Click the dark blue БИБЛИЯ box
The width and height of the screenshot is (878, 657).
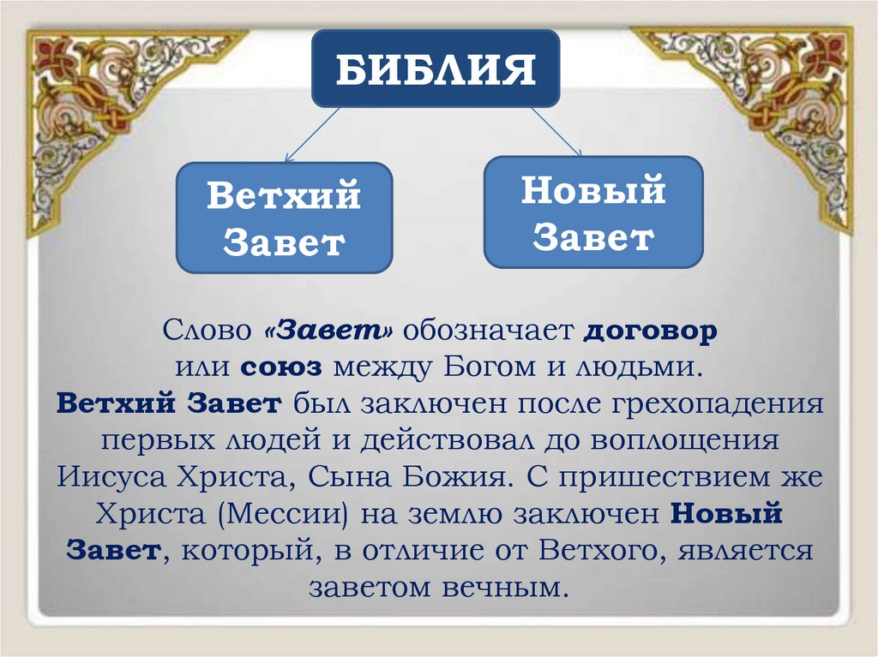pos(436,69)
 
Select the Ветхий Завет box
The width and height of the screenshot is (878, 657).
pos(284,218)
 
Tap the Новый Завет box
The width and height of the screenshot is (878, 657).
pos(593,212)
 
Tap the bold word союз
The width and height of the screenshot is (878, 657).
pos(281,367)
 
